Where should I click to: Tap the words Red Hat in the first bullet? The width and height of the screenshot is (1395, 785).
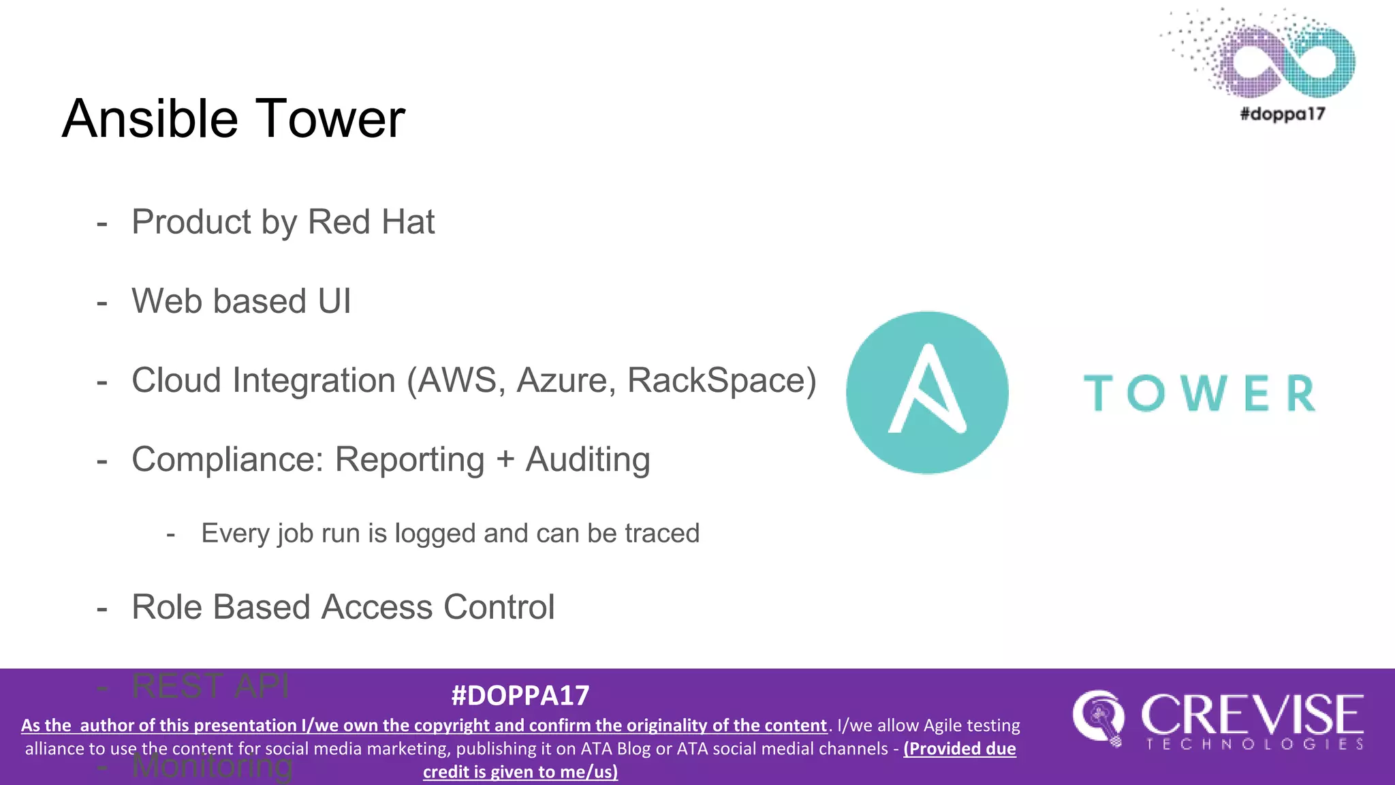click(x=371, y=222)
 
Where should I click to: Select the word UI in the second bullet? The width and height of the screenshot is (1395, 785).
click(x=334, y=301)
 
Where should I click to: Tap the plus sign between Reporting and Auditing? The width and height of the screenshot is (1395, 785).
click(x=505, y=460)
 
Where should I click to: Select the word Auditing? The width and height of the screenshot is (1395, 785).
click(x=588, y=460)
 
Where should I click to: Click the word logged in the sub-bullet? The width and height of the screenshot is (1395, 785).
click(x=436, y=534)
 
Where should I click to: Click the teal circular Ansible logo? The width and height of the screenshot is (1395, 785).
click(x=927, y=392)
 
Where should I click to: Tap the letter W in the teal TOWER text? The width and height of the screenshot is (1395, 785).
click(x=1206, y=394)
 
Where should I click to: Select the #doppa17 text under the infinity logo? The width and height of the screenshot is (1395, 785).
click(x=1282, y=114)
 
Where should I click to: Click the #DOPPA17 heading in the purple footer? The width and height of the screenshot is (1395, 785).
click(x=520, y=696)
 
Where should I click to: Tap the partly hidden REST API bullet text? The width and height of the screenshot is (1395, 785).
click(x=210, y=686)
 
